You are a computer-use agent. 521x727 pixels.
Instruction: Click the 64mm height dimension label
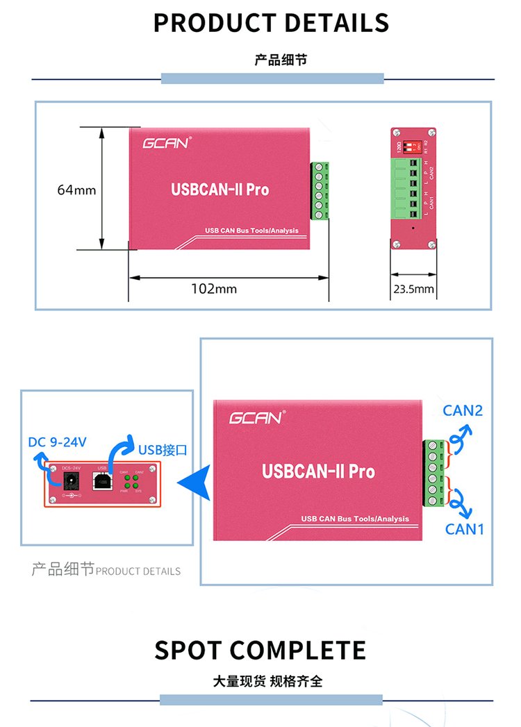76,190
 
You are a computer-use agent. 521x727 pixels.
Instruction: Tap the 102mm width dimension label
214,288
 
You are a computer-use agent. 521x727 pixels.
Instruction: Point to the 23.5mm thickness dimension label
413,289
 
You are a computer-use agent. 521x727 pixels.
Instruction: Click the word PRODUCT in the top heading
210,22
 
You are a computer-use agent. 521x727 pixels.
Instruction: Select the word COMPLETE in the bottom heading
298,650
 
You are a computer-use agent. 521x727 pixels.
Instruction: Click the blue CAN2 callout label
463,410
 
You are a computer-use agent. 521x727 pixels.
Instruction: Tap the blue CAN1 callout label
464,529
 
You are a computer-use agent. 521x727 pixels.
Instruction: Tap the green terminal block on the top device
320,191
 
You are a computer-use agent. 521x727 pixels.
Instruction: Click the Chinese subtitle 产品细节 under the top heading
280,60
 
